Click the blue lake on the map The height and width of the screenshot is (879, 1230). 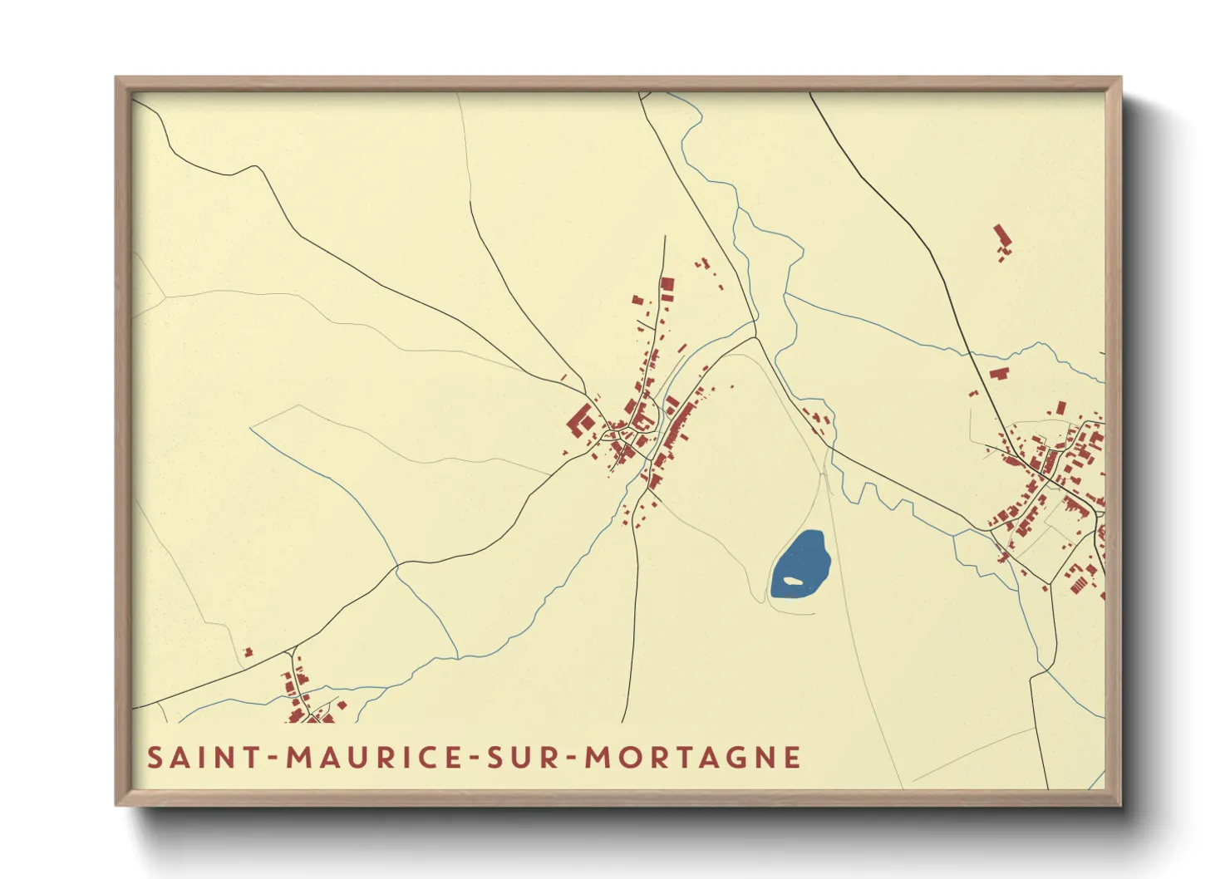tap(799, 561)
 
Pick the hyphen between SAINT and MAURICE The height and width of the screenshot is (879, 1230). tap(272, 759)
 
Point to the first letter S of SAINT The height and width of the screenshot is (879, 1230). tap(155, 758)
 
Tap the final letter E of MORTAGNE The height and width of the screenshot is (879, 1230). tap(793, 758)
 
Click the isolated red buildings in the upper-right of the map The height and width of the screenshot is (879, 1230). tap(1002, 241)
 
